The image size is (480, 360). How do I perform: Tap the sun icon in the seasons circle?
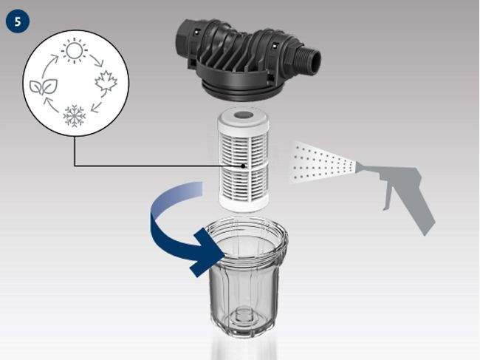point(73,51)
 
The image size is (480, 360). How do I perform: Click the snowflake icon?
point(74,115)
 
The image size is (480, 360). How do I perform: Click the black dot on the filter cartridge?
point(244,166)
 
